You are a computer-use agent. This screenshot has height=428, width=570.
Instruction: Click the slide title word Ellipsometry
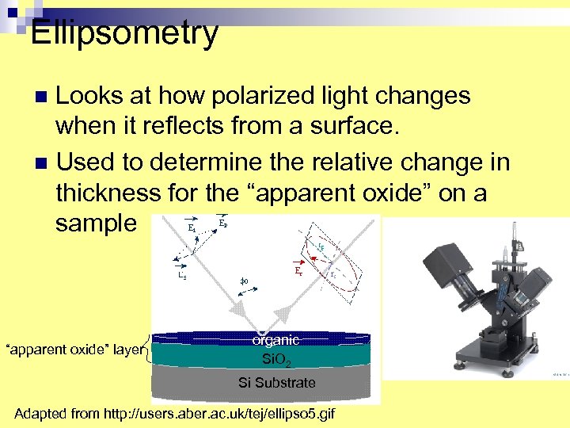coord(123,33)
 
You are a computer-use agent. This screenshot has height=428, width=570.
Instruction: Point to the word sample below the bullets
coord(96,223)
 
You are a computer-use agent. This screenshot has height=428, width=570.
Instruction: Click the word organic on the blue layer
coord(276,340)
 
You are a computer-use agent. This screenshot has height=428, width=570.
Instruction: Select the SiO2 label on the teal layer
coord(276,361)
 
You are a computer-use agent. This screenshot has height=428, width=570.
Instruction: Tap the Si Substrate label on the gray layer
coord(276,383)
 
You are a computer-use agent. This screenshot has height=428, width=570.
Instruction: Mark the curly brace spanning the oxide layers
coord(147,349)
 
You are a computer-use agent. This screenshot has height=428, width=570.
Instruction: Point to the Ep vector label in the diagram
coord(225,223)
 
